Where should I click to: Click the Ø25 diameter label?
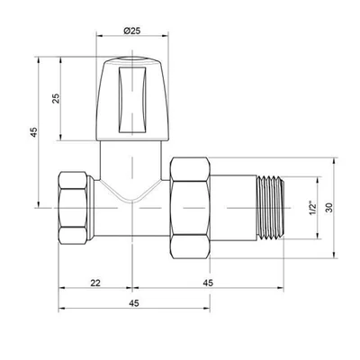pyautogui.click(x=131, y=31)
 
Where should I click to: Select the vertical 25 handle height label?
pyautogui.click(x=56, y=99)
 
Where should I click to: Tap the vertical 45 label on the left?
pyautogui.click(x=34, y=132)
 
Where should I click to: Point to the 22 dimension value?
pyautogui.click(x=95, y=283)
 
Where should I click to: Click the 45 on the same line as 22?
pyautogui.click(x=208, y=283)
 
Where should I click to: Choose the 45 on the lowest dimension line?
pyautogui.click(x=134, y=303)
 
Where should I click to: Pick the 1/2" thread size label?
pyautogui.click(x=313, y=208)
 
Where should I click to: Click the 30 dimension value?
pyautogui.click(x=329, y=208)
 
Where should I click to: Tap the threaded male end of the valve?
pyautogui.click(x=270, y=208)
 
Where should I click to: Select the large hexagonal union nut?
pyautogui.click(x=190, y=208)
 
